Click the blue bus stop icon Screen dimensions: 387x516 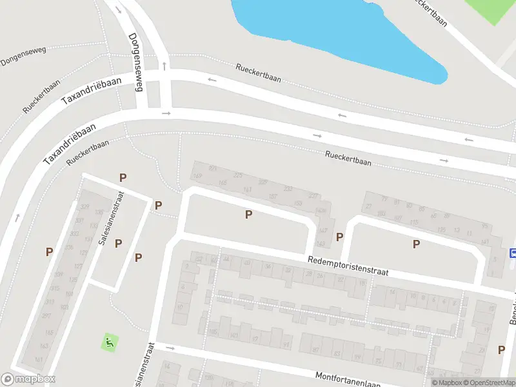513,253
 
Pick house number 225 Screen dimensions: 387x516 238,175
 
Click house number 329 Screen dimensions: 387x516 84,207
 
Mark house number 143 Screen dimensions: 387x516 321,244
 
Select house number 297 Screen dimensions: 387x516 46,315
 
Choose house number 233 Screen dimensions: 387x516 288,189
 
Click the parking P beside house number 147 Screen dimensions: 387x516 339,237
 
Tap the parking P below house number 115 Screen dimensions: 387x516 416,244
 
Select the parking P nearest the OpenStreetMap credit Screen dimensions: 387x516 501,350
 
